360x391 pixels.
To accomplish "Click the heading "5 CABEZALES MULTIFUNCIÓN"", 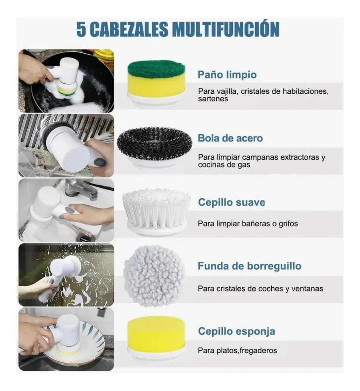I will [x=178, y=29].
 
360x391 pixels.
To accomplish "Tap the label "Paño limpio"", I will [x=227, y=74].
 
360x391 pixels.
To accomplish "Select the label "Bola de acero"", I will [x=230, y=138].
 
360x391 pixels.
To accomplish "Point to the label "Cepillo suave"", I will [x=231, y=202].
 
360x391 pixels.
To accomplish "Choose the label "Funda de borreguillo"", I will [x=249, y=266].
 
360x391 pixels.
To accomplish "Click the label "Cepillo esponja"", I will [x=236, y=331].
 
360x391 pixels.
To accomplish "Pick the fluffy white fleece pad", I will [x=154, y=275].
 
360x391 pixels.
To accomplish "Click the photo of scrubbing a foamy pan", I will [x=66, y=81].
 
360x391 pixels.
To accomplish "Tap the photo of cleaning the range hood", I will [x=66, y=145].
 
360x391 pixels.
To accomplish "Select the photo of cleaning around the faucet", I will [x=66, y=210].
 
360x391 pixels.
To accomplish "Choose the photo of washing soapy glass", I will [x=66, y=275].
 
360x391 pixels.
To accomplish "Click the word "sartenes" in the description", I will [x=213, y=99].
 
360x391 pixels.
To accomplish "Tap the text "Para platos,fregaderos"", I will [x=237, y=351].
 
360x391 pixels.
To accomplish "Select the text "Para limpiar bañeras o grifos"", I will [x=247, y=224].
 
